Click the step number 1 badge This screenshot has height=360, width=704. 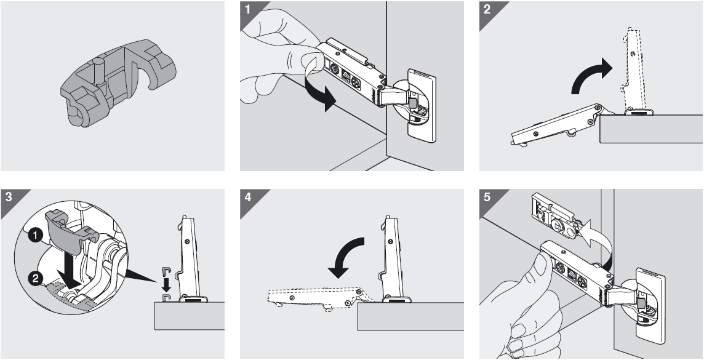(247, 10)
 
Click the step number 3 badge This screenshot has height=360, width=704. (8, 198)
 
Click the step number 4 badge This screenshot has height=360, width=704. (247, 198)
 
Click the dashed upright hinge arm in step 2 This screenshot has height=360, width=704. (634, 68)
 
